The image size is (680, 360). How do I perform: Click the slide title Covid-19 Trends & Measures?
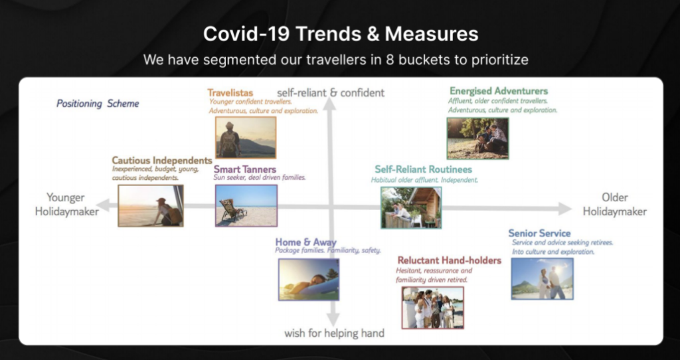click(x=341, y=34)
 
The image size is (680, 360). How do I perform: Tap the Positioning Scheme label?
click(x=98, y=104)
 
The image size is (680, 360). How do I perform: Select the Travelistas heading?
click(x=230, y=93)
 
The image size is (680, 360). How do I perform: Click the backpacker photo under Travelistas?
click(x=246, y=137)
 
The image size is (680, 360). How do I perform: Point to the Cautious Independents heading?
click(x=162, y=161)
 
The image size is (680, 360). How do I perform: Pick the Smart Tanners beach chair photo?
click(x=246, y=206)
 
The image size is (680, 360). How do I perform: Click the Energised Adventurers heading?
click(x=499, y=91)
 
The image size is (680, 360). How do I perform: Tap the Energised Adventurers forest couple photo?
click(x=478, y=138)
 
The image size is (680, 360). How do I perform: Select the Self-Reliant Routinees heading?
click(x=423, y=169)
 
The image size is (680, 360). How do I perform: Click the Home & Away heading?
click(x=305, y=242)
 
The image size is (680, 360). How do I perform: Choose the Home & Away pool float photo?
click(x=309, y=280)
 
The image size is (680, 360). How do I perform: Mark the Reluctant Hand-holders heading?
click(x=450, y=260)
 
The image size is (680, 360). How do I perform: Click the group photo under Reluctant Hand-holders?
click(x=433, y=308)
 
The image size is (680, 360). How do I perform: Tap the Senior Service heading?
click(x=539, y=233)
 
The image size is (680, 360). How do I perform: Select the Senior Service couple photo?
click(x=542, y=279)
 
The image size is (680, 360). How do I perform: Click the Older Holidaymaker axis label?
click(x=614, y=205)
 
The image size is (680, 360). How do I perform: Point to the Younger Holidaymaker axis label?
click(x=67, y=205)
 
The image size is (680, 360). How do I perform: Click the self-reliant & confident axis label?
click(x=331, y=93)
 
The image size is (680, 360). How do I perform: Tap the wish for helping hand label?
click(x=335, y=333)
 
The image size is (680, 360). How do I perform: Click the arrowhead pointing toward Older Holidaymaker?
click(x=564, y=209)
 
